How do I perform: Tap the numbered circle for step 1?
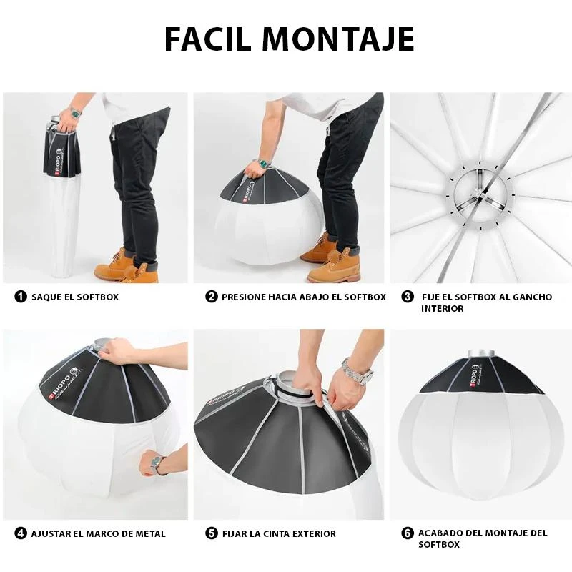point(21,296)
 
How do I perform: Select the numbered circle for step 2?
point(212,296)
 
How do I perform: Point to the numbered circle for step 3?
point(408,296)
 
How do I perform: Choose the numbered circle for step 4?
point(21,533)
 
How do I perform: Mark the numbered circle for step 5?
point(212,533)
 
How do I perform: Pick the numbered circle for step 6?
point(408,533)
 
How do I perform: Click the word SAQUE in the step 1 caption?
point(47,297)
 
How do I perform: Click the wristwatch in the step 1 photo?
point(74,112)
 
